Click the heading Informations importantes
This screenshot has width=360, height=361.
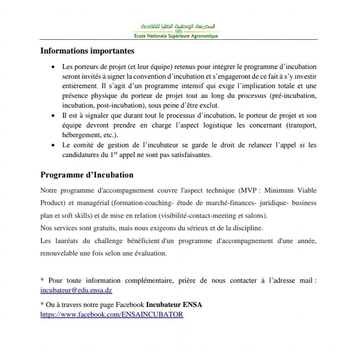(x=87, y=50)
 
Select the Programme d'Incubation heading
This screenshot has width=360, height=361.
(x=87, y=175)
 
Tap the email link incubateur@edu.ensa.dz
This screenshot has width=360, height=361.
(x=76, y=290)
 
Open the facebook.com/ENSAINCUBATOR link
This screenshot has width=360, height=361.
(x=112, y=314)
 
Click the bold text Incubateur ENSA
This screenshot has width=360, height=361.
(x=174, y=305)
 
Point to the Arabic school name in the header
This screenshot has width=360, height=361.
(x=178, y=26)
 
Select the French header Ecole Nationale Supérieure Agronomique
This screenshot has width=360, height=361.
(x=176, y=36)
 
